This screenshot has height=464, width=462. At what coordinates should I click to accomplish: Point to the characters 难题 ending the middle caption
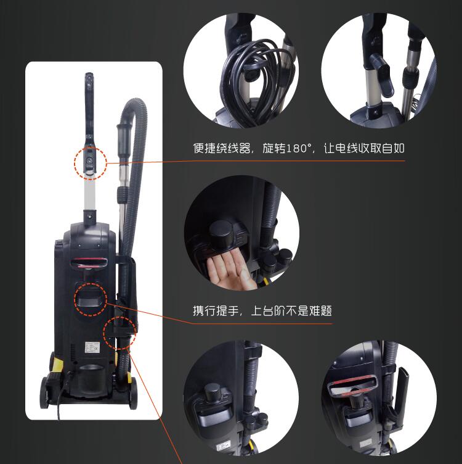click(321, 311)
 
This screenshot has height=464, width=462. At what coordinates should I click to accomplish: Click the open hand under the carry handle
click(231, 270)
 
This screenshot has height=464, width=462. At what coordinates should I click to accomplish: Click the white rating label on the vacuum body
click(92, 347)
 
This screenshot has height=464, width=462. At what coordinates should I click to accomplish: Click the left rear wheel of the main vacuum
click(44, 392)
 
